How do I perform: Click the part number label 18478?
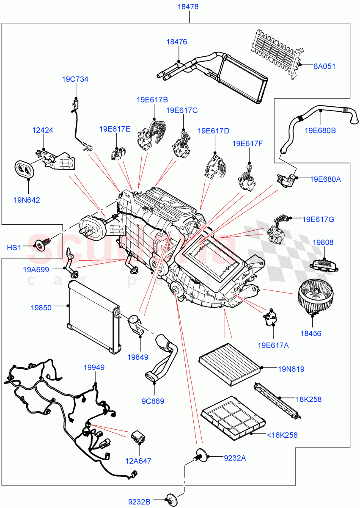[x=189, y=7]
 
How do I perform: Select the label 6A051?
[x=324, y=66]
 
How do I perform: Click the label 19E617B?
[x=152, y=100]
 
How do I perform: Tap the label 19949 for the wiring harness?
[x=94, y=367]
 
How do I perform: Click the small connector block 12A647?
[x=138, y=436]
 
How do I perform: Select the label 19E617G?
[x=318, y=219]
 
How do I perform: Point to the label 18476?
[x=176, y=42]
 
